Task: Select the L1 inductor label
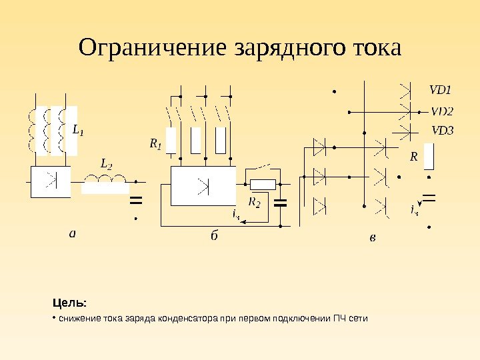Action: [78, 130]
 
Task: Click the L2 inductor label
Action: [106, 163]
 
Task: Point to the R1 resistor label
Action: [155, 143]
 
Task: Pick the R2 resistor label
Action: [255, 201]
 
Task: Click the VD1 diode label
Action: [440, 89]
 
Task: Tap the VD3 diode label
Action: [442, 130]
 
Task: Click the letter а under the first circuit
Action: [73, 233]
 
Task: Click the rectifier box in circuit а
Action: [50, 181]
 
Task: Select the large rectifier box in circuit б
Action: [203, 186]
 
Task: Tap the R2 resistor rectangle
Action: [262, 185]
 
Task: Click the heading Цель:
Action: [71, 304]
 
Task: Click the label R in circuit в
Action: [413, 157]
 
